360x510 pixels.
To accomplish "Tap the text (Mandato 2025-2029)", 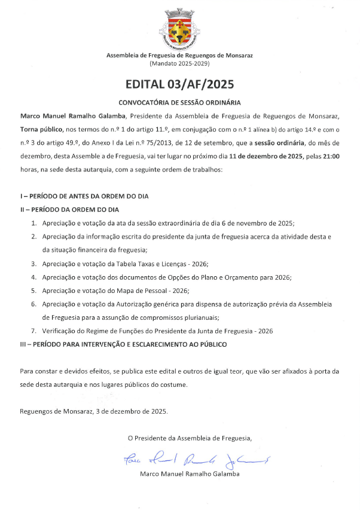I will [180, 63].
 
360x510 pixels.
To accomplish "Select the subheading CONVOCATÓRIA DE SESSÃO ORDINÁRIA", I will [180, 102].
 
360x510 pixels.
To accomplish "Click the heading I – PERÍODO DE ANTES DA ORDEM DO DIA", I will [84, 196].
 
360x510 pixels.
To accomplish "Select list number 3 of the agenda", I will [34, 263].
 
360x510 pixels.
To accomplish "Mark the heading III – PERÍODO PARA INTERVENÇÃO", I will [123, 345].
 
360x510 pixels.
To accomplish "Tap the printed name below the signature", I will [190, 474].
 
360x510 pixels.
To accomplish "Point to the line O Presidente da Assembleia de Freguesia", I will [190, 438].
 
